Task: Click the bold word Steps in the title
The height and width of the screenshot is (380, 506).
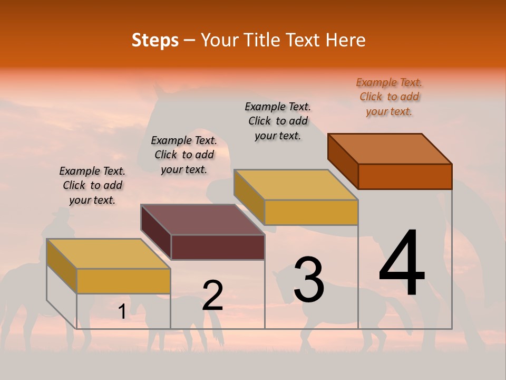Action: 155,40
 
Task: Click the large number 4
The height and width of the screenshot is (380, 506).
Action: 402,264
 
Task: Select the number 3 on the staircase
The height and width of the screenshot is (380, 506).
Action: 309,279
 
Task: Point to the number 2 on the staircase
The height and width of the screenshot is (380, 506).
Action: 213,296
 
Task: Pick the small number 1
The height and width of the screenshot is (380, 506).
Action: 122,312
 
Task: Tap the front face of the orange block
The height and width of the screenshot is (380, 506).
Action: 405,176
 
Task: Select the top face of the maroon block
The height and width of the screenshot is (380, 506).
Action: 202,220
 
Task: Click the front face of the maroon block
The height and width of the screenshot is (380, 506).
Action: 218,247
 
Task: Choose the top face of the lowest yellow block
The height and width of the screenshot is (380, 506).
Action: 108,254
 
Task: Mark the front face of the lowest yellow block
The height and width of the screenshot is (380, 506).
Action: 123,281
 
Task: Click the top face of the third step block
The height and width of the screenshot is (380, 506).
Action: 296,185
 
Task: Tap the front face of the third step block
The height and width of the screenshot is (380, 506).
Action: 311,212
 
